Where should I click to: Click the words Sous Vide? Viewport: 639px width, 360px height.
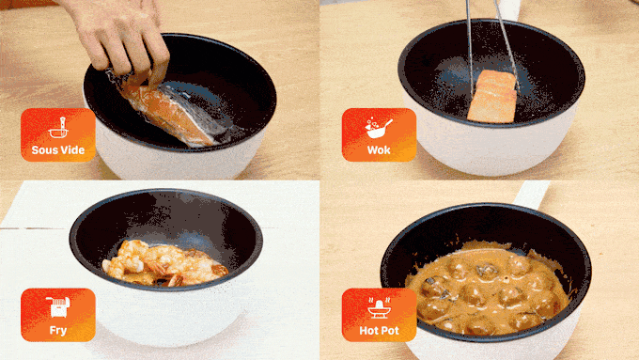(x=58, y=150)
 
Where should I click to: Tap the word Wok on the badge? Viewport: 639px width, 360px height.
(x=379, y=150)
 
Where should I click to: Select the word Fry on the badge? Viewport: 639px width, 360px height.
(x=58, y=330)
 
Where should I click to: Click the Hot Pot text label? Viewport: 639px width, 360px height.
(x=379, y=330)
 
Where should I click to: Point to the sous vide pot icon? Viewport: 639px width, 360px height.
(x=58, y=128)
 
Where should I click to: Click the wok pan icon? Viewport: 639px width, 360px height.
(x=378, y=128)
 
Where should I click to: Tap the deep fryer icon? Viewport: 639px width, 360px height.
(x=58, y=307)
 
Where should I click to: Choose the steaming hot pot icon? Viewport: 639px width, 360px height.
(x=379, y=307)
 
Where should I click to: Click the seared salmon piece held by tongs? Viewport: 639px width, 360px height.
(x=492, y=97)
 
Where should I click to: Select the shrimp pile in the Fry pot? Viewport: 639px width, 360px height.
(x=163, y=264)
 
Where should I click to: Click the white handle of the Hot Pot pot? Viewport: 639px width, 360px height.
(x=531, y=195)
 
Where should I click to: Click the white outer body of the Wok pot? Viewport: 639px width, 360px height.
(x=489, y=149)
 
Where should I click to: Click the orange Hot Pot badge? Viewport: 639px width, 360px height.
(x=379, y=315)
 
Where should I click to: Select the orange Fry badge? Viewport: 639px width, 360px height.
(x=58, y=315)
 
